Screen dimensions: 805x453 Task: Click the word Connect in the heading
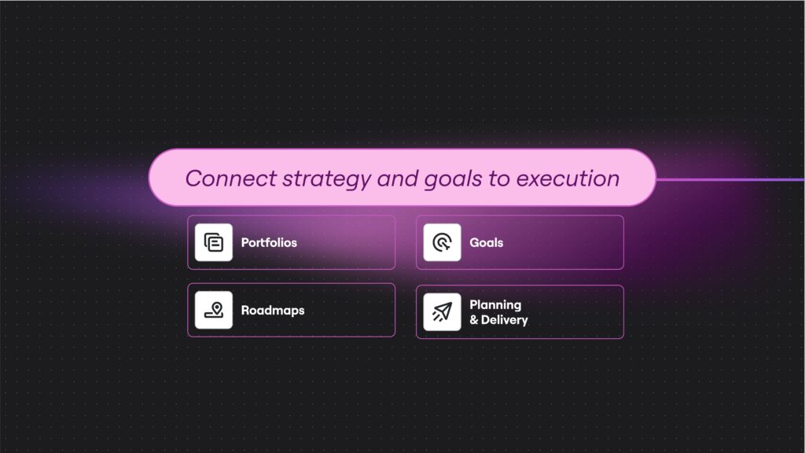(231, 179)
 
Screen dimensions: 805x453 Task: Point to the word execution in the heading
(568, 179)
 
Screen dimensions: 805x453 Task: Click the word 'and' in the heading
(397, 179)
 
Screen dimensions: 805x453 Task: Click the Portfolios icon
(214, 242)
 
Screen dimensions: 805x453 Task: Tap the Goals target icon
(442, 242)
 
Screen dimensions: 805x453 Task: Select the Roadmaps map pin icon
(214, 310)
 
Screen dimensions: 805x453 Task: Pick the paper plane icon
(442, 311)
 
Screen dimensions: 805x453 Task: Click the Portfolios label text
(269, 242)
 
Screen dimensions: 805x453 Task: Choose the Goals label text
(486, 242)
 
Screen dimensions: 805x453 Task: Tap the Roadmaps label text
(273, 311)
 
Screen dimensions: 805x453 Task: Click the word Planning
(495, 305)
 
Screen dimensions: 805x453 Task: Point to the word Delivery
(504, 320)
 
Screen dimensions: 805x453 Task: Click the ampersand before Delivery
(474, 320)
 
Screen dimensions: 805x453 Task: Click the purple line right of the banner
(730, 180)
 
